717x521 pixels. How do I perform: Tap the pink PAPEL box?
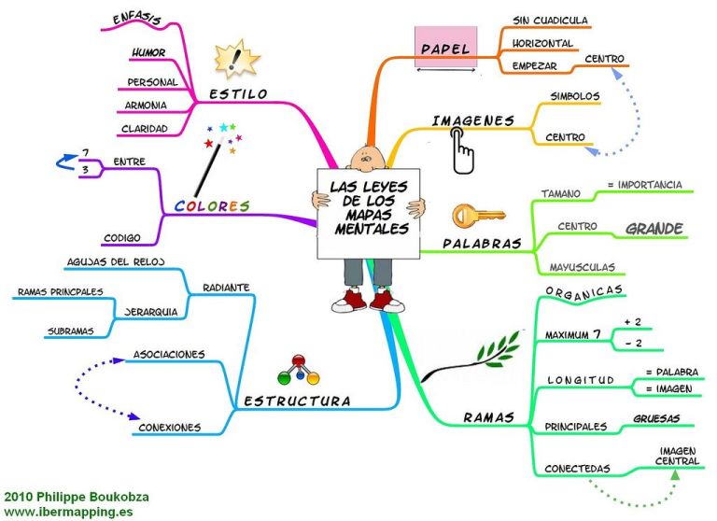click(446, 47)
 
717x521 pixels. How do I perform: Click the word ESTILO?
click(238, 94)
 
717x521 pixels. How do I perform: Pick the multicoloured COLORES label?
click(212, 205)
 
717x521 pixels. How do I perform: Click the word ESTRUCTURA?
click(296, 401)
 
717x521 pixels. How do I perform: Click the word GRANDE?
click(654, 228)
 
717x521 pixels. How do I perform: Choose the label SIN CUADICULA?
click(550, 20)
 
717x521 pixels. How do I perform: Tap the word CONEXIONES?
click(169, 428)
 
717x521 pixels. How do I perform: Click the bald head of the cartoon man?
click(365, 156)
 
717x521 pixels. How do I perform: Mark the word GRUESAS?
click(656, 418)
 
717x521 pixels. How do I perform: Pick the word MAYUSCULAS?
click(582, 267)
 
